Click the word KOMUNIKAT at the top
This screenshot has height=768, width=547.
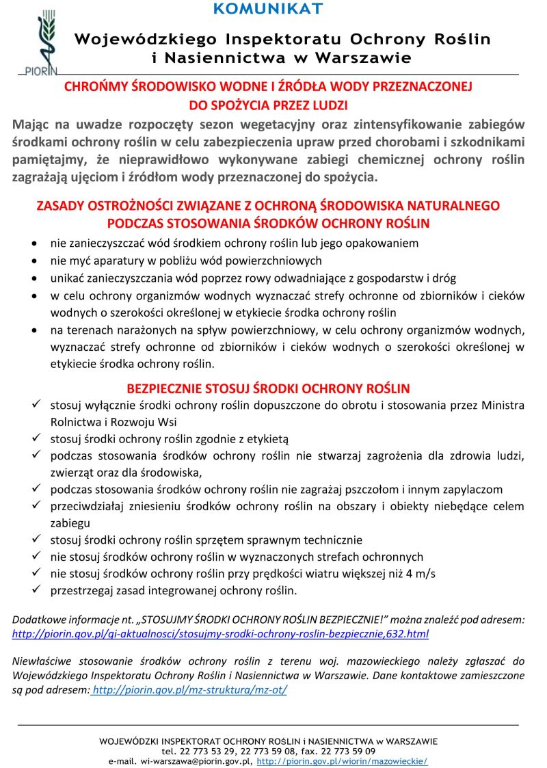click(x=267, y=9)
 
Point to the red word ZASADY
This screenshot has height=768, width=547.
click(x=58, y=205)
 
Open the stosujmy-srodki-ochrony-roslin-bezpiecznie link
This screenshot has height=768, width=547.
click(x=221, y=634)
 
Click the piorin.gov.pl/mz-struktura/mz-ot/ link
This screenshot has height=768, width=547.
click(x=190, y=689)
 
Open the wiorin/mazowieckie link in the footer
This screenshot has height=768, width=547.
click(x=342, y=760)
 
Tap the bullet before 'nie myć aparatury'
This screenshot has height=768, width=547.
click(x=36, y=261)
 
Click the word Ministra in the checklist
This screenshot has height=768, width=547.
click(x=503, y=406)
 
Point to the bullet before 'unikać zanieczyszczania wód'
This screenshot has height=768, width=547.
click(x=36, y=278)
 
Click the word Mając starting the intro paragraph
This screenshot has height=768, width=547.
click(x=32, y=124)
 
